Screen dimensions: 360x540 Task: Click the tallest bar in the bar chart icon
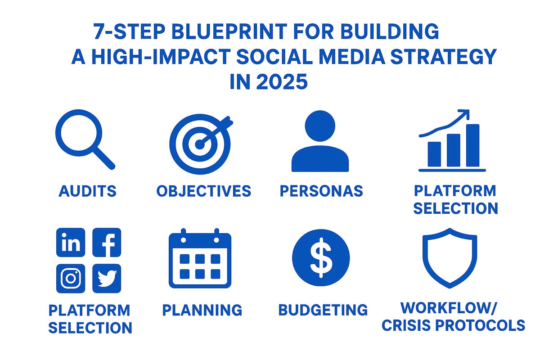[472, 145]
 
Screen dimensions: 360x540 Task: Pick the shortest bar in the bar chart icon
[434, 154]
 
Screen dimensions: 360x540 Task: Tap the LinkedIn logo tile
[71, 243]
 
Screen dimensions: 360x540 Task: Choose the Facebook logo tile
[107, 243]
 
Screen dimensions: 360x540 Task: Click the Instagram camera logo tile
[71, 279]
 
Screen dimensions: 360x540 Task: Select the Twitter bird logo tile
[107, 279]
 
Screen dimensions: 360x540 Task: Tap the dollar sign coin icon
[320, 258]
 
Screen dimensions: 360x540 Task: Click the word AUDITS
[87, 191]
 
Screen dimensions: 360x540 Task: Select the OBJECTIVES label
[203, 191]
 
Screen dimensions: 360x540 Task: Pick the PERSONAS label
[321, 191]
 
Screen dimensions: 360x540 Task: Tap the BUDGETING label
[323, 310]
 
